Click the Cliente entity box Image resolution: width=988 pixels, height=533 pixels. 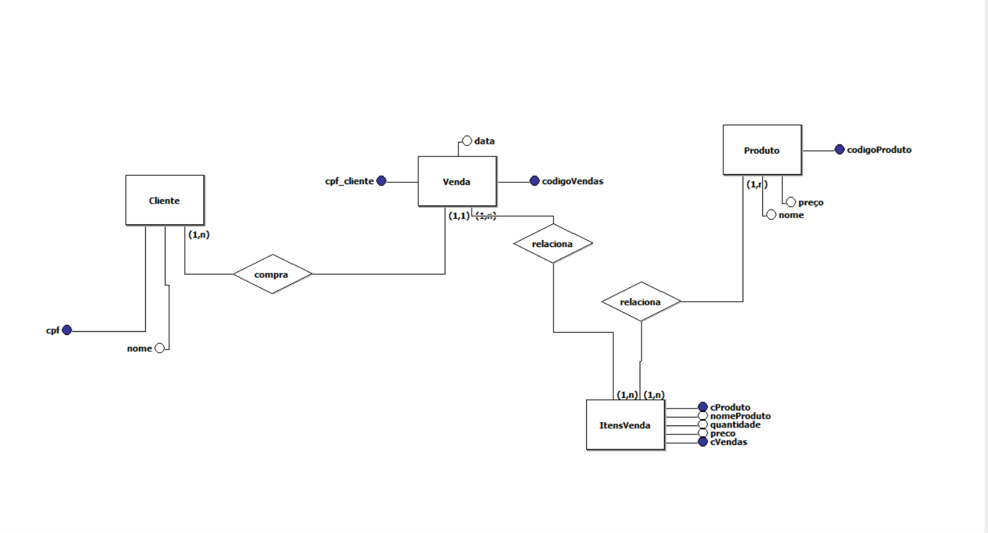pyautogui.click(x=164, y=200)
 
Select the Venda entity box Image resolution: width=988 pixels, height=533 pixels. pyautogui.click(x=457, y=181)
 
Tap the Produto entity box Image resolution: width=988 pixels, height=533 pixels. pyautogui.click(x=762, y=150)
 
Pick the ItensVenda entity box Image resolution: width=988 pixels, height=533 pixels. pyautogui.click(x=624, y=425)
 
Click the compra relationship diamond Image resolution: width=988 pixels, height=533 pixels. pyautogui.click(x=272, y=274)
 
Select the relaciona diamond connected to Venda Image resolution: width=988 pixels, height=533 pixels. pyautogui.click(x=552, y=243)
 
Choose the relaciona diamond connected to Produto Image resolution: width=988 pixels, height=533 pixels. pyautogui.click(x=640, y=302)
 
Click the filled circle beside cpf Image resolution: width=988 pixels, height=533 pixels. pyautogui.click(x=67, y=330)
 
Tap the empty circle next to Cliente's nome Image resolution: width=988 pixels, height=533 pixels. pyautogui.click(x=160, y=348)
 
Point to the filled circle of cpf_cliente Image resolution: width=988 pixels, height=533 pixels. pyautogui.click(x=381, y=181)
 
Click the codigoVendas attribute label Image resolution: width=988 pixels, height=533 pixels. pyautogui.click(x=572, y=181)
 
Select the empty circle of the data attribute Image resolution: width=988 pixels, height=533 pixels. pyautogui.click(x=467, y=141)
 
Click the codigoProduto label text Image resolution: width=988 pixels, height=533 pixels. pyautogui.click(x=879, y=150)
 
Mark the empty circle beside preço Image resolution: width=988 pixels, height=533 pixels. pyautogui.click(x=791, y=202)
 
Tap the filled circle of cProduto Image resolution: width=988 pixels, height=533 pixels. pyautogui.click(x=703, y=407)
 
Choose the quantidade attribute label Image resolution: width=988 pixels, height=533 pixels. pyautogui.click(x=735, y=424)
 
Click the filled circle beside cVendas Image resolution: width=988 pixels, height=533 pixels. pyautogui.click(x=703, y=442)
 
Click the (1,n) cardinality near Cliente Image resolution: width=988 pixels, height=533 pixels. pyautogui.click(x=199, y=234)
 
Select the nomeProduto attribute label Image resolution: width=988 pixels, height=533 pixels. pyautogui.click(x=740, y=416)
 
